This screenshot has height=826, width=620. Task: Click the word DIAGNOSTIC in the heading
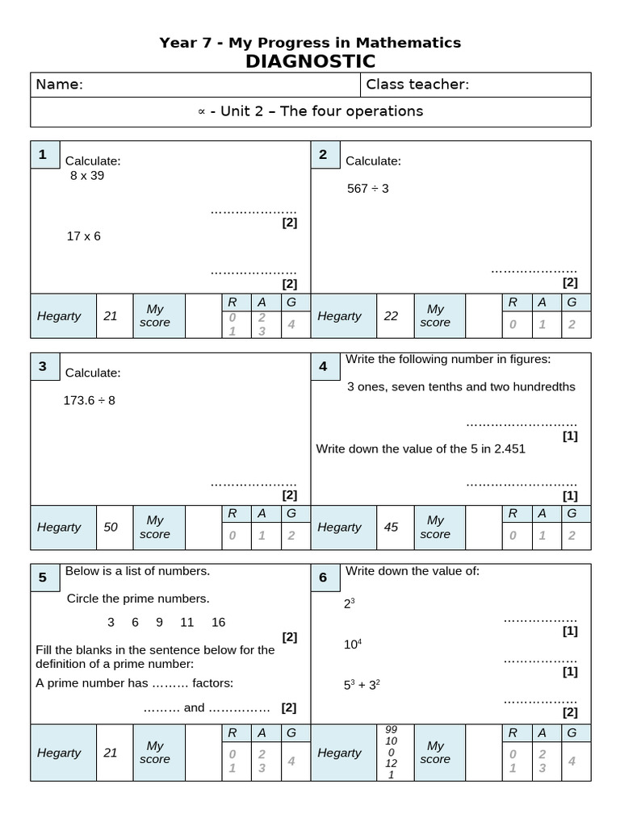coord(310,61)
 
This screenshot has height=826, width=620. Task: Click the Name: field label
coord(59,85)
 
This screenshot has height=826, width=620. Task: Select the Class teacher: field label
coord(417,85)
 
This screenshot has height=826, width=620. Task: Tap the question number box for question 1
coord(43,155)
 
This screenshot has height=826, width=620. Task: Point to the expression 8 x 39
coord(87,175)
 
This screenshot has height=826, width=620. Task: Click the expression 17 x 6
coord(84,236)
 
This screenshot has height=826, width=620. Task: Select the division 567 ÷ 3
coord(368,188)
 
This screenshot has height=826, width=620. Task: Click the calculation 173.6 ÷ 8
coord(90,399)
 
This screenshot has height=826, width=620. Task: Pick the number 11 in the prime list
coord(187,622)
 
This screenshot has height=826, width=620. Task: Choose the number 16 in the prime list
coord(219,622)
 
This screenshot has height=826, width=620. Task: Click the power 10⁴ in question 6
coord(353,644)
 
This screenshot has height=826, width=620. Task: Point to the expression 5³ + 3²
coord(362,685)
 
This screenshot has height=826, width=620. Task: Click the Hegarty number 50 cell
coord(111,527)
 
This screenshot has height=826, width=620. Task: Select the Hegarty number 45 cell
coord(391,527)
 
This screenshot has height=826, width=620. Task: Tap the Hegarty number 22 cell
coord(391,315)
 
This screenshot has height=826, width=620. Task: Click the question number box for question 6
coord(324,577)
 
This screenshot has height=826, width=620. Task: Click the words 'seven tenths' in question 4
coord(425,386)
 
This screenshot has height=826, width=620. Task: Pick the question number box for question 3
coord(43,366)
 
